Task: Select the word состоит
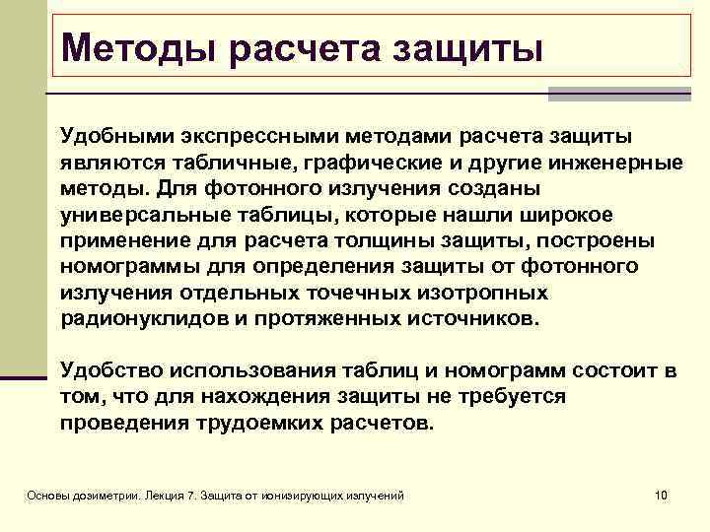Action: [598, 369]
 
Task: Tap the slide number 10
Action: [662, 494]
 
